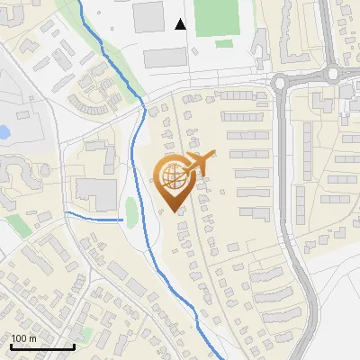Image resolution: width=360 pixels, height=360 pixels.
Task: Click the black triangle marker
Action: pyautogui.click(x=180, y=25)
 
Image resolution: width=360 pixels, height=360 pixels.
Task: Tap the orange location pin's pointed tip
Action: pyautogui.click(x=175, y=210)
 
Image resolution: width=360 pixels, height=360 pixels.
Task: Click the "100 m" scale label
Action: pyautogui.click(x=24, y=338)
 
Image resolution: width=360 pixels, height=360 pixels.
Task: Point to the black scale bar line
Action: pyautogui.click(x=41, y=347)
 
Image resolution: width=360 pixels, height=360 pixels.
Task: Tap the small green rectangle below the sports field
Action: pyautogui.click(x=224, y=43)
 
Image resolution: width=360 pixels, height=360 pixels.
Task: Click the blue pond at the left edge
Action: pyautogui.click(x=4, y=131)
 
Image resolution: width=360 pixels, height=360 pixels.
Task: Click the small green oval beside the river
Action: pyautogui.click(x=131, y=212)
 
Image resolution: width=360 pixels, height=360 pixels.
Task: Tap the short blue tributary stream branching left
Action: pyautogui.click(x=94, y=217)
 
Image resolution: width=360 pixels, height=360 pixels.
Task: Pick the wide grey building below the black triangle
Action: pyautogui.click(x=166, y=58)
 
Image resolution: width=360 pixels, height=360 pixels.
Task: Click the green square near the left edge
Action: pyautogui.click(x=18, y=225)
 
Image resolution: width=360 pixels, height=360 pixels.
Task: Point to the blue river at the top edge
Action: pyautogui.click(x=86, y=13)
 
